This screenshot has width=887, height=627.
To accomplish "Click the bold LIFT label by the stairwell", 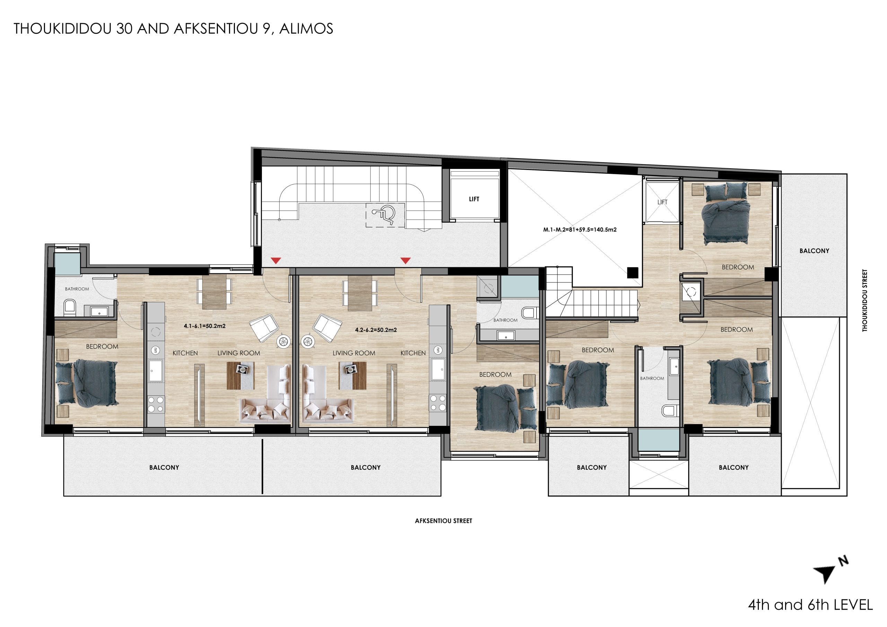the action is pyautogui.click(x=474, y=199).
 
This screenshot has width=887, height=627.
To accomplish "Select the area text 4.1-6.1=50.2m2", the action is pyautogui.click(x=204, y=326).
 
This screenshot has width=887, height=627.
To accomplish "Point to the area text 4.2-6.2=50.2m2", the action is pyautogui.click(x=376, y=330).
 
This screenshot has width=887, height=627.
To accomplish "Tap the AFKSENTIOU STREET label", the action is pyautogui.click(x=443, y=521).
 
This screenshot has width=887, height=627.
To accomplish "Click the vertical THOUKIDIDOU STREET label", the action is pyautogui.click(x=864, y=301).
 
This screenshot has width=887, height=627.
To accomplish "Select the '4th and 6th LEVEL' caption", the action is pyautogui.click(x=810, y=604).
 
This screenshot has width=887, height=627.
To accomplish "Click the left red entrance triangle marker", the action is pyautogui.click(x=275, y=261).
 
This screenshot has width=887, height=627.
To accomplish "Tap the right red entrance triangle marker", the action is pyautogui.click(x=405, y=261).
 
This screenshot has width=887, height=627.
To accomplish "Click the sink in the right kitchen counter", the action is pyautogui.click(x=438, y=370).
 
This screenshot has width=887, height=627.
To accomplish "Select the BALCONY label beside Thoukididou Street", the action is pyautogui.click(x=814, y=251).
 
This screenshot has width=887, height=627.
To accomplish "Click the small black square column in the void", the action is pyautogui.click(x=632, y=272).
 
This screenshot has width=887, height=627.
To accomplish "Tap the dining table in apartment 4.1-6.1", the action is pyautogui.click(x=214, y=292).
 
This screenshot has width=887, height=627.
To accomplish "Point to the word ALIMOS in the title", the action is pyautogui.click(x=306, y=29).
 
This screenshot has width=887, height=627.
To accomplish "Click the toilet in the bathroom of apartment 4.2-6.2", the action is pyautogui.click(x=528, y=312).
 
